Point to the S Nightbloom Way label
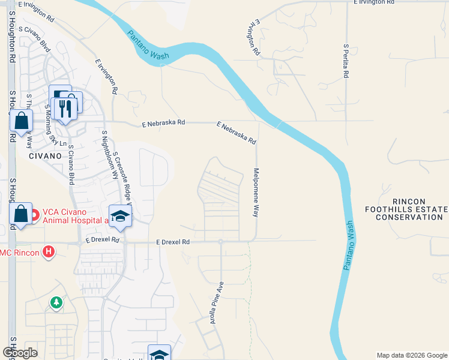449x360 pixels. click(x=109, y=154)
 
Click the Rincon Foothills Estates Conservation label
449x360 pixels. click(x=409, y=209)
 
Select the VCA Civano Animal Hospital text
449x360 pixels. click(x=72, y=215)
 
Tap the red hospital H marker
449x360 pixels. click(x=49, y=251)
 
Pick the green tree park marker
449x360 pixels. click(x=56, y=302)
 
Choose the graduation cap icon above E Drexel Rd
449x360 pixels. click(x=120, y=216)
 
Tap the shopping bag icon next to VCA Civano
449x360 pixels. click(x=21, y=214)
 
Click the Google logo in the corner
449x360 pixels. click(x=20, y=353)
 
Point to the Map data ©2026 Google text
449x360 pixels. click(x=412, y=355)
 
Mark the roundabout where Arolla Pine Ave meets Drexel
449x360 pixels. click(x=221, y=242)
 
